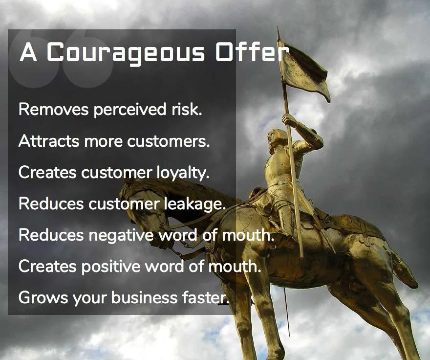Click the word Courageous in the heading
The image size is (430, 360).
pyautogui.click(x=126, y=53)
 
